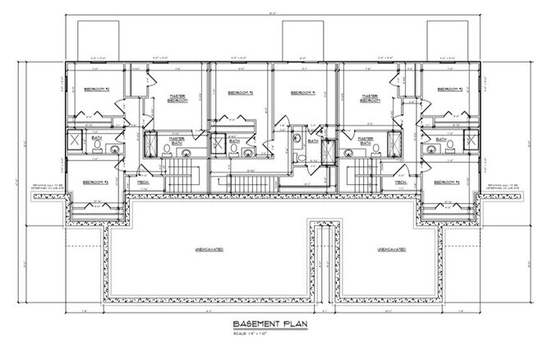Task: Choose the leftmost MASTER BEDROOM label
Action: pos(176,97)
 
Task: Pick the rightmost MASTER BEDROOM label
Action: pos(367,97)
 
